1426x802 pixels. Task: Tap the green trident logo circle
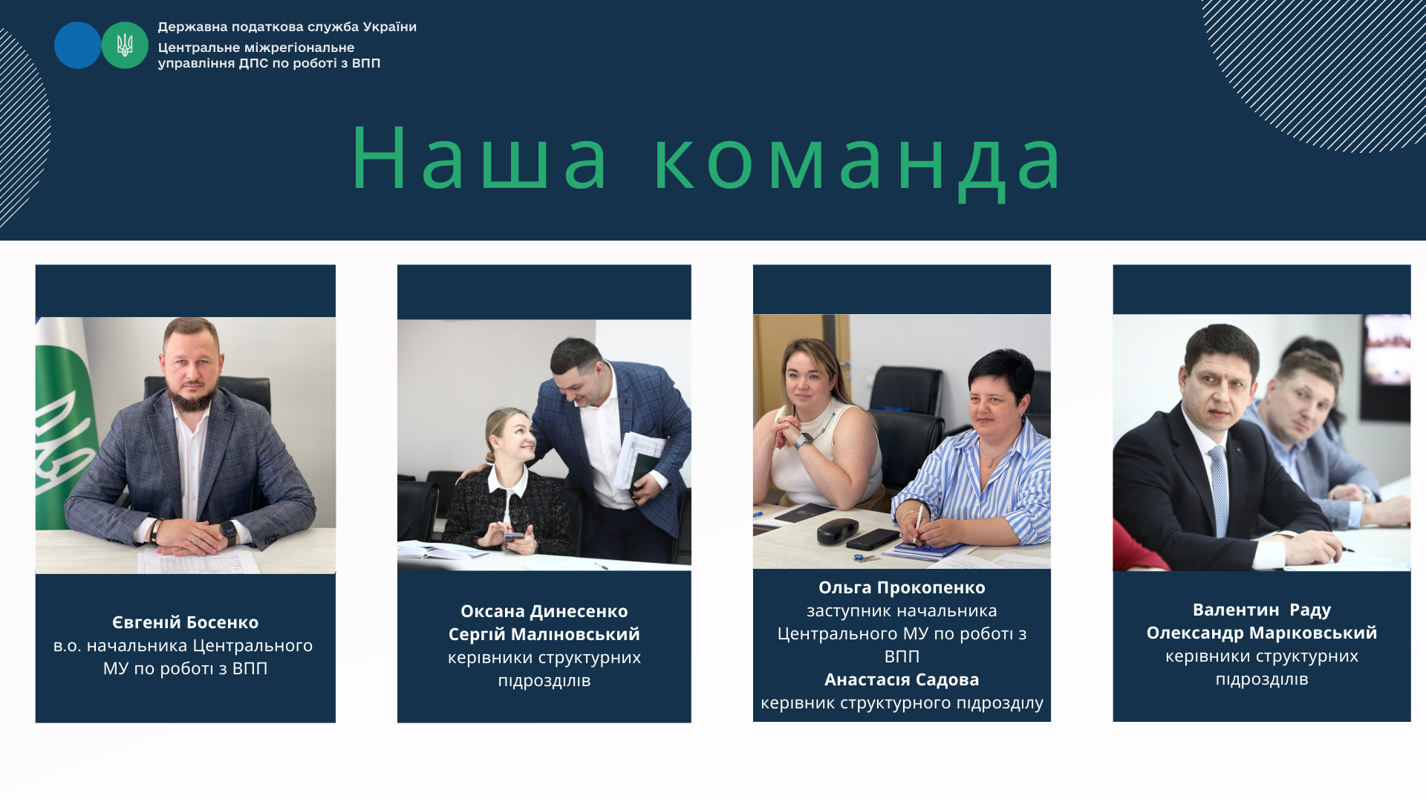point(125,45)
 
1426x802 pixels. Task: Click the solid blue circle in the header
point(77,45)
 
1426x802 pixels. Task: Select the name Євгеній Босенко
point(186,622)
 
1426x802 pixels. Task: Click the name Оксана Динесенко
point(544,611)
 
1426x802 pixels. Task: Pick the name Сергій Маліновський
point(544,634)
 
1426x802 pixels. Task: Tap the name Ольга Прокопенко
point(902,587)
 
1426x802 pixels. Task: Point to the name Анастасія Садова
point(902,679)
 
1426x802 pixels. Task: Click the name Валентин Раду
point(1262,610)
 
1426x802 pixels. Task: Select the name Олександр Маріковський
point(1262,633)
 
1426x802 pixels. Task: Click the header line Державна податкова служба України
point(287,27)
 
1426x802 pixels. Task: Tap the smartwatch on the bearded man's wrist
point(228,531)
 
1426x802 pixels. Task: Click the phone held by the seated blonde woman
point(512,536)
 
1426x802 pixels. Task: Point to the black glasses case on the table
point(838,530)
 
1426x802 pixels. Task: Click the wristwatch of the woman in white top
point(804,441)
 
